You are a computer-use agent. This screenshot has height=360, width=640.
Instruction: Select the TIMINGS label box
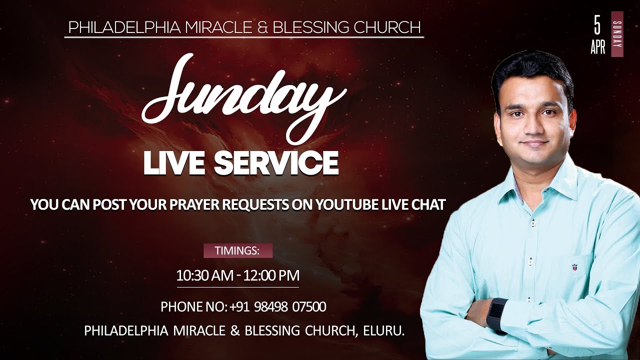[x=237, y=250]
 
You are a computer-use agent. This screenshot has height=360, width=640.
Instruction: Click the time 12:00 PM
[x=271, y=275]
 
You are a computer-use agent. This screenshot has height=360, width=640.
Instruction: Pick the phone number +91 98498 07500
[x=278, y=306]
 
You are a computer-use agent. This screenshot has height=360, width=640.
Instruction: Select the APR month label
[x=597, y=47]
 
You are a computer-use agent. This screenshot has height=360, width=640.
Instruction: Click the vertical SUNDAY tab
[x=617, y=34]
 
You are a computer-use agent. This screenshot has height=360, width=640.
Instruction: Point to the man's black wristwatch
[x=497, y=315]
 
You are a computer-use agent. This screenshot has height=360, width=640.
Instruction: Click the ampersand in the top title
[x=265, y=28]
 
